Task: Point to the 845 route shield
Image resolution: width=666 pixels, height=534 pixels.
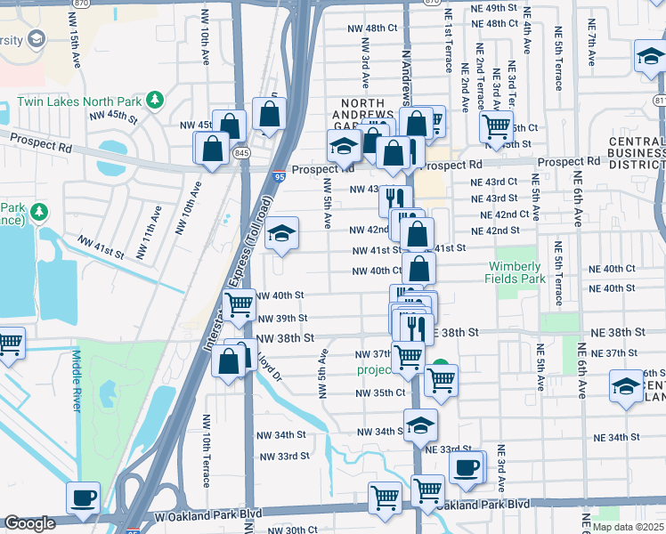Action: pos(242,152)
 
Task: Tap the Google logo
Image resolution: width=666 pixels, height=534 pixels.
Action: pos(29,523)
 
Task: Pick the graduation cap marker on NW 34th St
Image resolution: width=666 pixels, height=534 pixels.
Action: pos(420,425)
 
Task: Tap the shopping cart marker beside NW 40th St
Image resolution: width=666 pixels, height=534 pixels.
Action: pos(240,305)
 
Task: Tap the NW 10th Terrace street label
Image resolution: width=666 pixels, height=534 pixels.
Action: pos(207,450)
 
